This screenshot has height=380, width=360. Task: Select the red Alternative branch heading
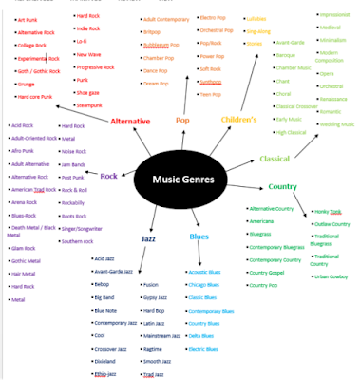[x=130, y=122]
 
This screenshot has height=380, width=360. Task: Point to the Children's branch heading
[x=239, y=121]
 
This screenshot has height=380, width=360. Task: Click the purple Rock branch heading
[x=108, y=175]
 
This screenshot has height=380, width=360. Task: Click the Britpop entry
[x=153, y=30]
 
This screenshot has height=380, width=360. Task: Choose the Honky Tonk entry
[x=329, y=210]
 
